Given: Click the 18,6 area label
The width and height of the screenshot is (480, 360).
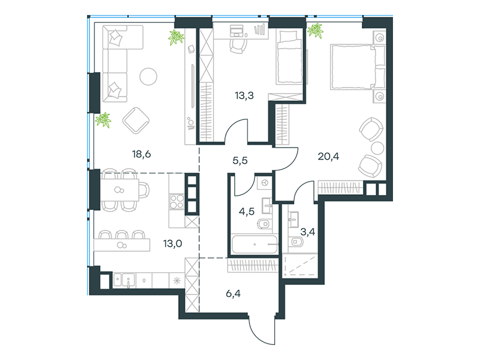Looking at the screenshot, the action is [x=142, y=154].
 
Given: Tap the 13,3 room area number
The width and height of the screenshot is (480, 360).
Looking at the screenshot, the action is [x=244, y=95].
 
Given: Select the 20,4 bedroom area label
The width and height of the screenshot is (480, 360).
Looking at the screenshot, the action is [x=328, y=157].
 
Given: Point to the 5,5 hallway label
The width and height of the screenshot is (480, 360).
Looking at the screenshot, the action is [x=240, y=160].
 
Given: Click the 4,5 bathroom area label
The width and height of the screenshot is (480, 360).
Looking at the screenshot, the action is [x=247, y=211].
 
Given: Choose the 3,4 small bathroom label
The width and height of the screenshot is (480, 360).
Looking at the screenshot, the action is [x=308, y=232].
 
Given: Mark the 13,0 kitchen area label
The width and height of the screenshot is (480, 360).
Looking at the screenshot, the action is [x=173, y=244].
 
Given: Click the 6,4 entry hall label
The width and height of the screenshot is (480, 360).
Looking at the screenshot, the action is [x=233, y=293].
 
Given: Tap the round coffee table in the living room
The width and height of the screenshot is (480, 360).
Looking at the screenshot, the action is [x=148, y=76].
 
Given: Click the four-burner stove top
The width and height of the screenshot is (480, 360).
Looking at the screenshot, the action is [x=176, y=202].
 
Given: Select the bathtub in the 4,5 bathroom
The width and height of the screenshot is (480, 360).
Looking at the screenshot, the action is [x=254, y=244].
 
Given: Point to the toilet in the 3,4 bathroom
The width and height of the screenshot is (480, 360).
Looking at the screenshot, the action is [x=296, y=242].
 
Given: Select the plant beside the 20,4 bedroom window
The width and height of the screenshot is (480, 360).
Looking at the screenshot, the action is [x=316, y=31].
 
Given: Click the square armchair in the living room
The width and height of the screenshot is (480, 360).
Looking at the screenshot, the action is [x=136, y=121].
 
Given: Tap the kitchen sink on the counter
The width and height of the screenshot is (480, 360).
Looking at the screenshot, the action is [x=128, y=280].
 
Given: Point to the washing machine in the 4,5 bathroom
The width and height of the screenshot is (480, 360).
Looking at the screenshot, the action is [x=265, y=183].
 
